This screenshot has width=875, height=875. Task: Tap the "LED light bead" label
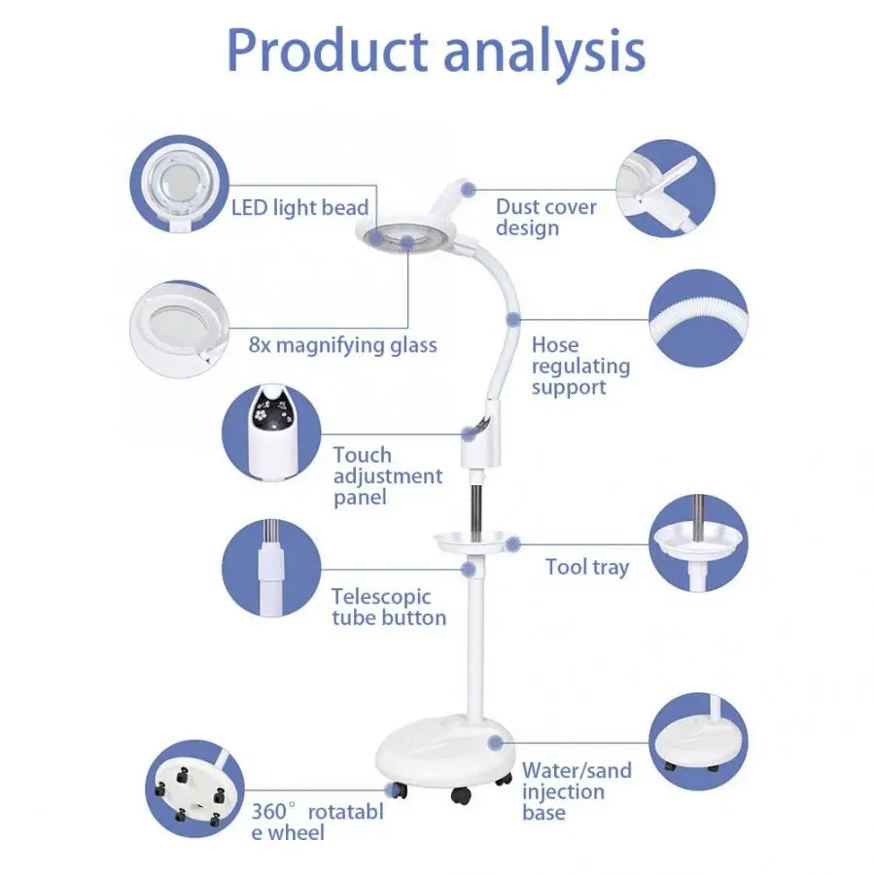(x=299, y=207)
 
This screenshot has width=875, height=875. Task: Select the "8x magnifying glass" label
(x=342, y=345)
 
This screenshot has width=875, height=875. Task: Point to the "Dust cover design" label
(x=545, y=217)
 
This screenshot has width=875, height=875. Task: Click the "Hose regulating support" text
(x=580, y=366)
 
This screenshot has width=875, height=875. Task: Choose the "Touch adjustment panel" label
(x=387, y=475)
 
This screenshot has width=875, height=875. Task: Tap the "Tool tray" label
(x=586, y=567)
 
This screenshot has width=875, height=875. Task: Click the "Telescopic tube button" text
(x=388, y=607)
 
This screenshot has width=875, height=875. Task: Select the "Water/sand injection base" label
(x=576, y=790)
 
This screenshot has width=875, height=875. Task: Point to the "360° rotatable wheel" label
(x=317, y=821)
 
